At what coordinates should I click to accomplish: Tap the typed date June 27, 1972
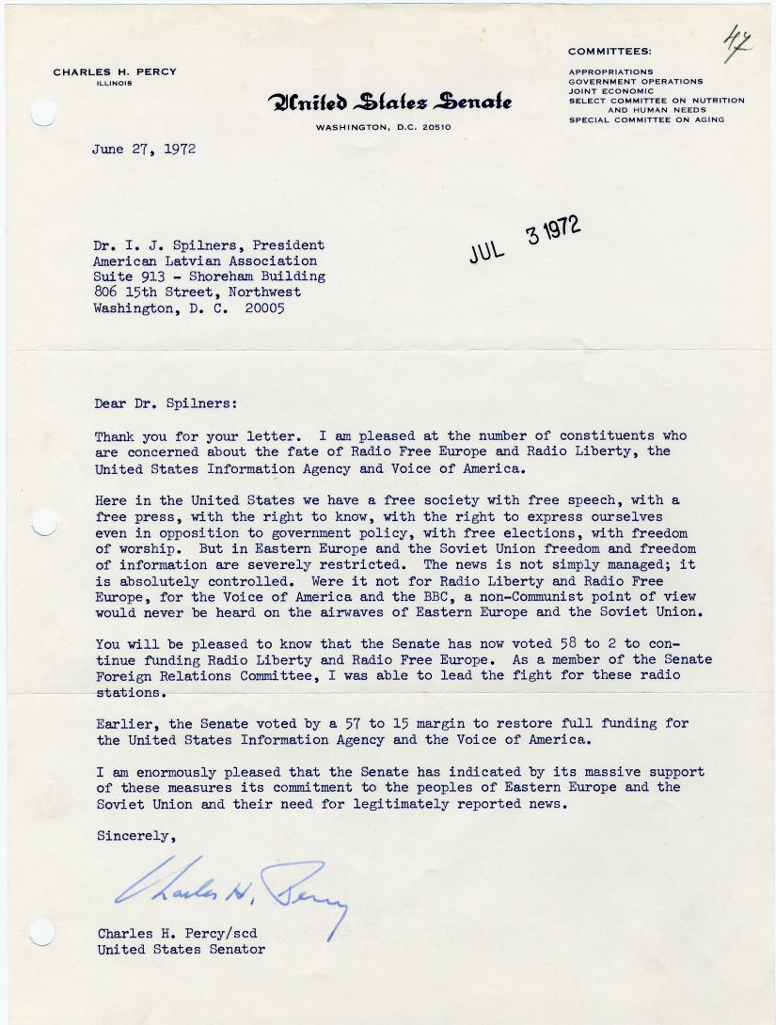[x=145, y=150]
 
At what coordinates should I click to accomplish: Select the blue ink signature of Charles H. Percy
[x=230, y=890]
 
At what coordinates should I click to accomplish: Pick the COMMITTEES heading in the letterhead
[x=610, y=51]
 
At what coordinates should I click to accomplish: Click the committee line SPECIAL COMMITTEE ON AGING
[x=646, y=119]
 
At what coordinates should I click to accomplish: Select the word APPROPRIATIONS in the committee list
[x=610, y=71]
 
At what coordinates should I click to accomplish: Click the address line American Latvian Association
[x=205, y=260]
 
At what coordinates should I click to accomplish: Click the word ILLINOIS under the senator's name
[x=114, y=83]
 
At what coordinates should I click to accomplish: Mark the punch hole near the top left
[x=43, y=114]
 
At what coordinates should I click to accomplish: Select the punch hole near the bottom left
[x=42, y=932]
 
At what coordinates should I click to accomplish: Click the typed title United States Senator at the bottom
[x=181, y=949]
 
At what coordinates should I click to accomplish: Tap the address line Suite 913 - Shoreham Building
[x=209, y=276]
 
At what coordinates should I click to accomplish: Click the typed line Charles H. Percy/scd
[x=177, y=933]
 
